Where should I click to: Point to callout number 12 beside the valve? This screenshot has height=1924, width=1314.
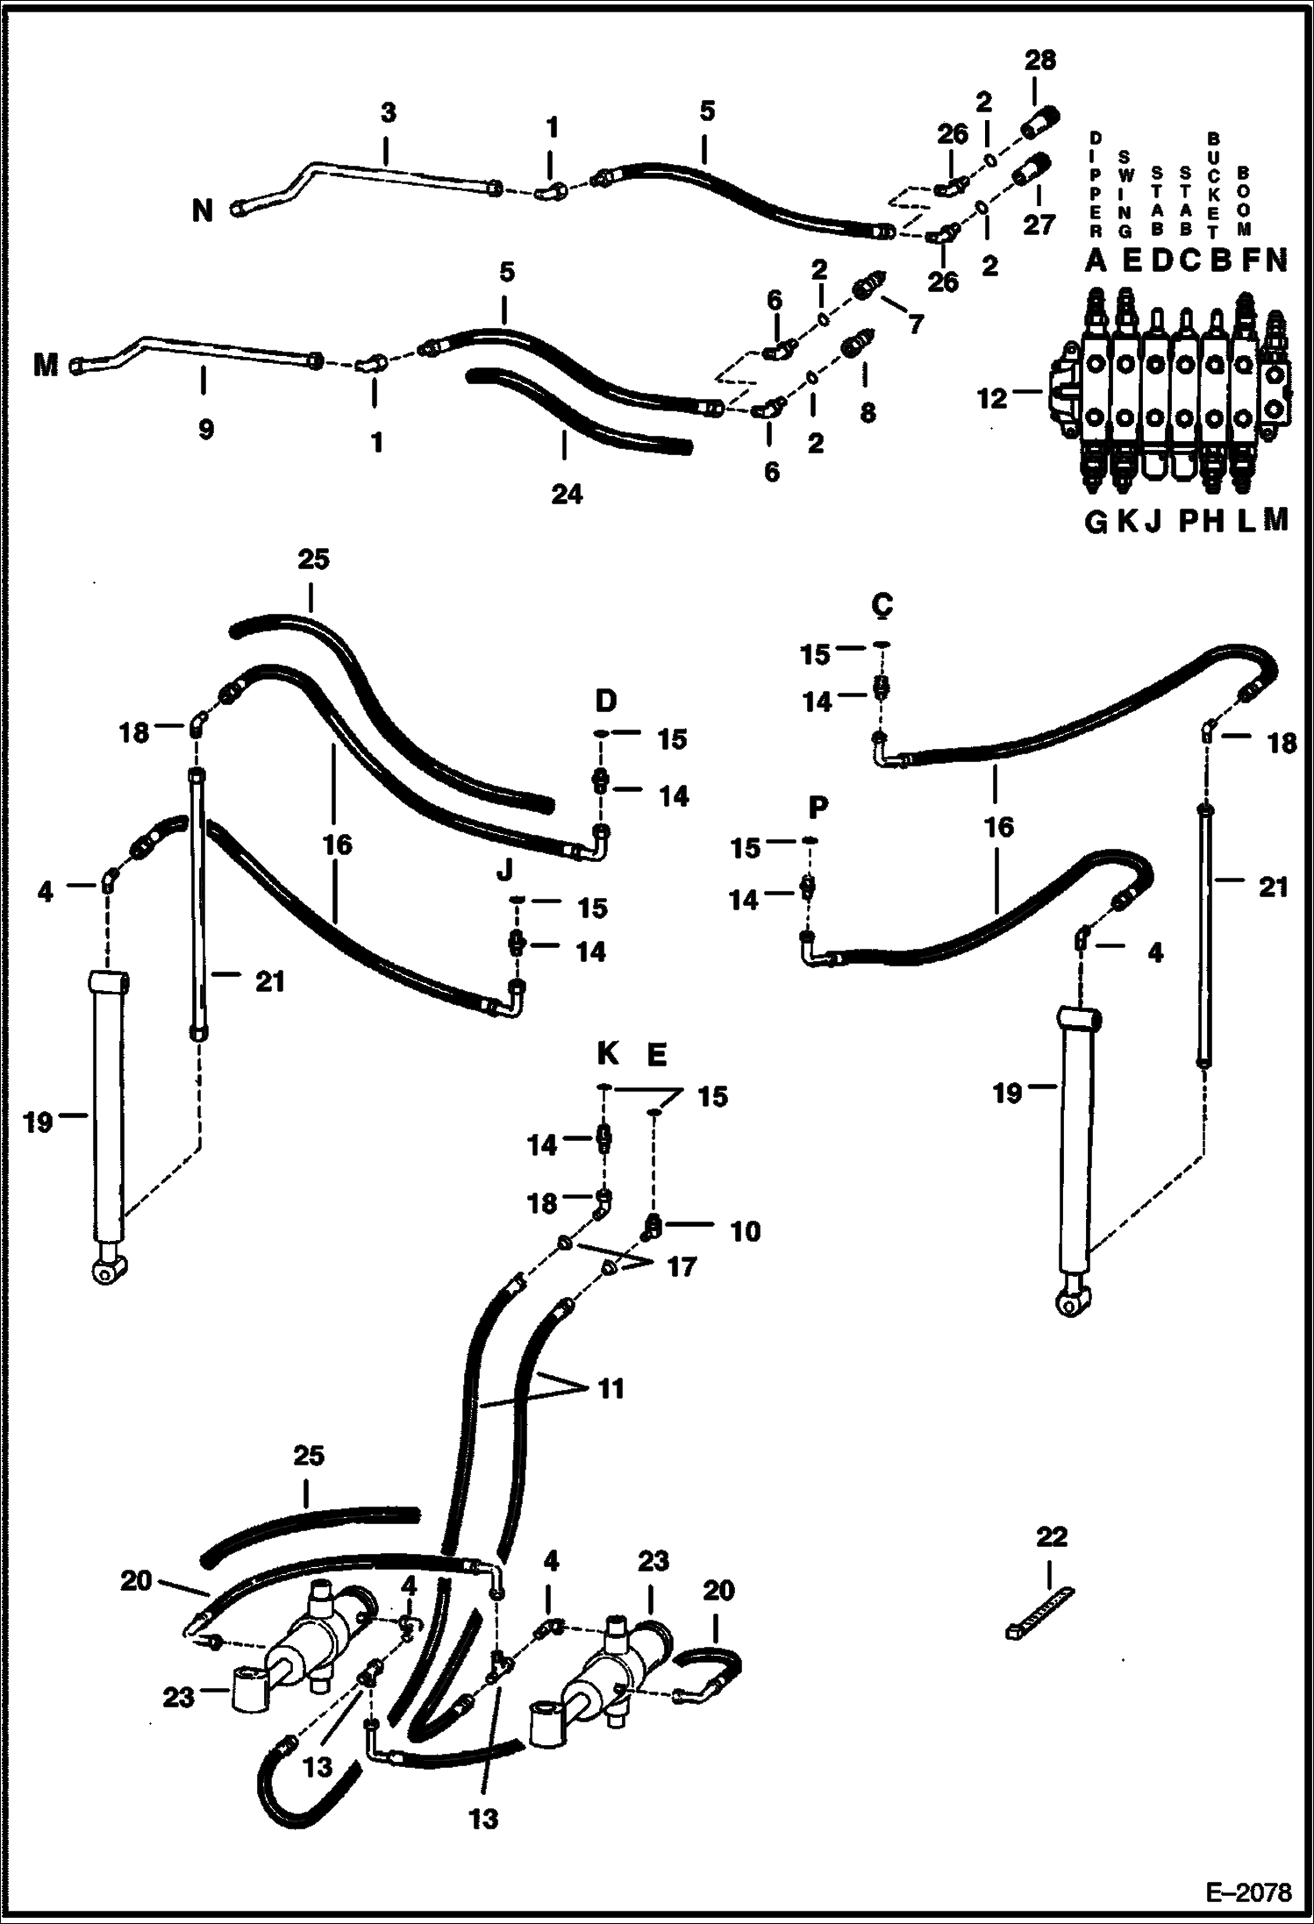point(992,399)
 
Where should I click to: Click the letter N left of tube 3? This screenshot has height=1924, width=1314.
point(203,210)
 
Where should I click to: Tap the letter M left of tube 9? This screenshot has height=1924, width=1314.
point(46,365)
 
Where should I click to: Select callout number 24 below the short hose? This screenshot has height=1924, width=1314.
point(566,494)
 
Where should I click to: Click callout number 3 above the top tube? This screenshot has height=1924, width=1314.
point(389,112)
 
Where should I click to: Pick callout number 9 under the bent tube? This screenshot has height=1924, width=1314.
point(205,429)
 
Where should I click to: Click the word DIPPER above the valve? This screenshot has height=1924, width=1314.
point(1095,186)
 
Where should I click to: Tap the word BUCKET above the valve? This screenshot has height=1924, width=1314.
point(1214,186)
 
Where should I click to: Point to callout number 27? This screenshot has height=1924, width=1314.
point(1039,224)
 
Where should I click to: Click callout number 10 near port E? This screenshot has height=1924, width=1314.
point(745,1231)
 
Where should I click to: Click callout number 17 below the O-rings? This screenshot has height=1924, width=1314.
point(682,1266)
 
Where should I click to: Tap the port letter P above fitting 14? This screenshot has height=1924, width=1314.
point(818,806)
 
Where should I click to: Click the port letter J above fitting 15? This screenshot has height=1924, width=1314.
point(504,870)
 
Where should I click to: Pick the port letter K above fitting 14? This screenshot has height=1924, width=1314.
point(607,1053)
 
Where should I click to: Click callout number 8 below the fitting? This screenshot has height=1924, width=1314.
point(867,412)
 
